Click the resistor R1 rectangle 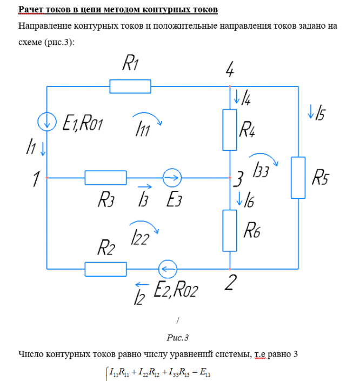tap(130, 86)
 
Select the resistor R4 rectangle tap(230, 130)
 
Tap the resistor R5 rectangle tap(298, 178)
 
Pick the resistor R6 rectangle tap(230, 230)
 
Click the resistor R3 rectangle tap(105, 177)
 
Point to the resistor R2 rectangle tap(105, 268)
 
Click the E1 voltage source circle tap(48, 121)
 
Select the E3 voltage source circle tap(172, 177)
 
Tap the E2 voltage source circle tap(167, 268)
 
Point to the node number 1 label tap(35, 179)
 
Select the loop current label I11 tap(144, 129)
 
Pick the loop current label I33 tap(261, 169)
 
